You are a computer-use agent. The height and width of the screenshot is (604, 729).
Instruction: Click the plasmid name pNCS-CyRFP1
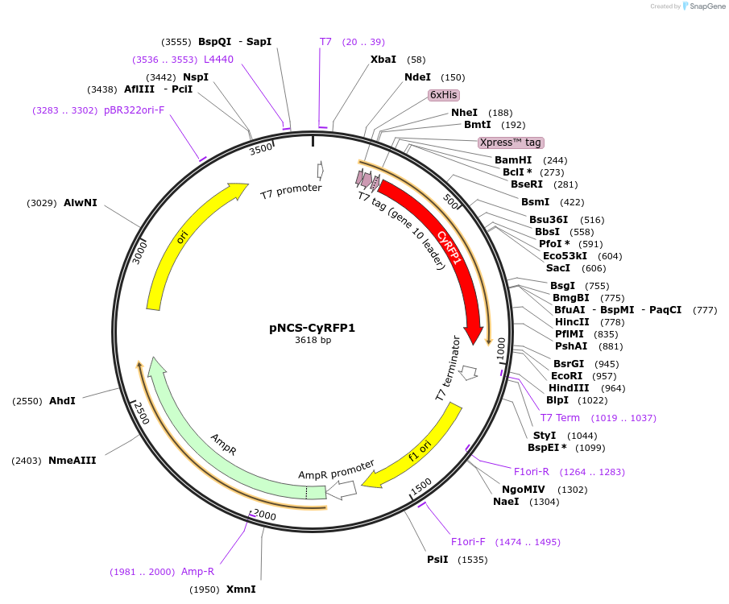point(312,328)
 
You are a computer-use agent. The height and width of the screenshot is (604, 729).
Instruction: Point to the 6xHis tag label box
point(444,95)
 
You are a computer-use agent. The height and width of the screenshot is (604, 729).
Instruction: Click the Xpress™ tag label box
point(510,143)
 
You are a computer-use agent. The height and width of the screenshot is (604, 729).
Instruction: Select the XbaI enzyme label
point(383,60)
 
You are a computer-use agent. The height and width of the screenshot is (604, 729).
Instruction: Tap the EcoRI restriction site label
point(566,375)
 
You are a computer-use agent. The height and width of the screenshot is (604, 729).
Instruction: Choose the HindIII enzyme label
point(570,387)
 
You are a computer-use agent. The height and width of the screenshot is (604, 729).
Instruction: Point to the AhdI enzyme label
point(62,400)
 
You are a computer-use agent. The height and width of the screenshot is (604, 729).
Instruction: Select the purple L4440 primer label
point(218,59)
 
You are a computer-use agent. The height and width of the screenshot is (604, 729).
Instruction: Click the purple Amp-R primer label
point(197,572)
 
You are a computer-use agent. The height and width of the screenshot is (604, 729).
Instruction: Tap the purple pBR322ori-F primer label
point(134,110)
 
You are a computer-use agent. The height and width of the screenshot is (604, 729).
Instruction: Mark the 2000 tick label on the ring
point(264,515)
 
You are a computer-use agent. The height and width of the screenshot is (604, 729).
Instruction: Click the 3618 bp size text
point(312,341)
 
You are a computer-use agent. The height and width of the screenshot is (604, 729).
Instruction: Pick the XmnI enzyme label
point(241,590)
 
